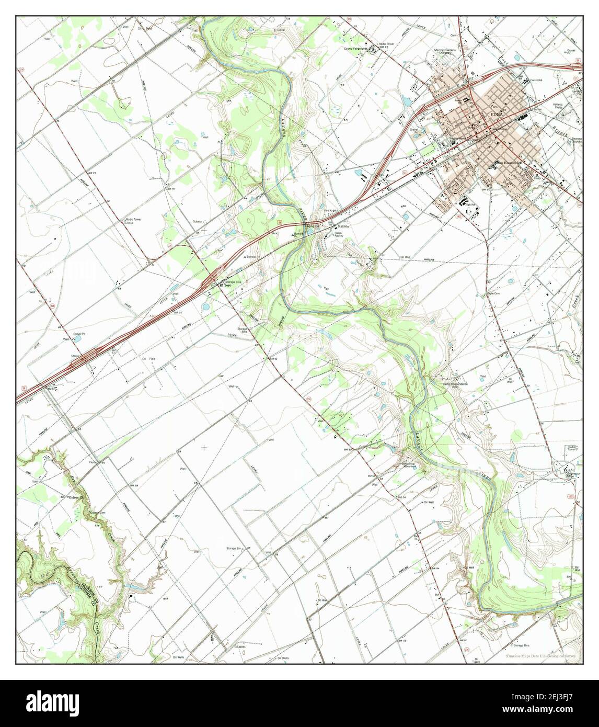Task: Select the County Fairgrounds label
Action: (x=356, y=49)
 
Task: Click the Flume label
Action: (x=94, y=462)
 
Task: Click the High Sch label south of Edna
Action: (x=470, y=205)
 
